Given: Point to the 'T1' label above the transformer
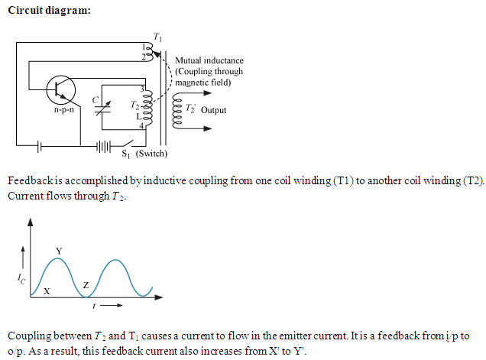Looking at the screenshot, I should (x=158, y=37).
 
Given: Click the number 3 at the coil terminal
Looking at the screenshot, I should (x=143, y=89).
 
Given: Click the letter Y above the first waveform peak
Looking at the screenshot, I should (x=59, y=251).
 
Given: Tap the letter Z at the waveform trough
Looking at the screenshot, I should (x=86, y=285).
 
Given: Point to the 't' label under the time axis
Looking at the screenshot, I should (x=93, y=305).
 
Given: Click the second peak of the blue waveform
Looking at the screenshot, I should (x=119, y=261).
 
